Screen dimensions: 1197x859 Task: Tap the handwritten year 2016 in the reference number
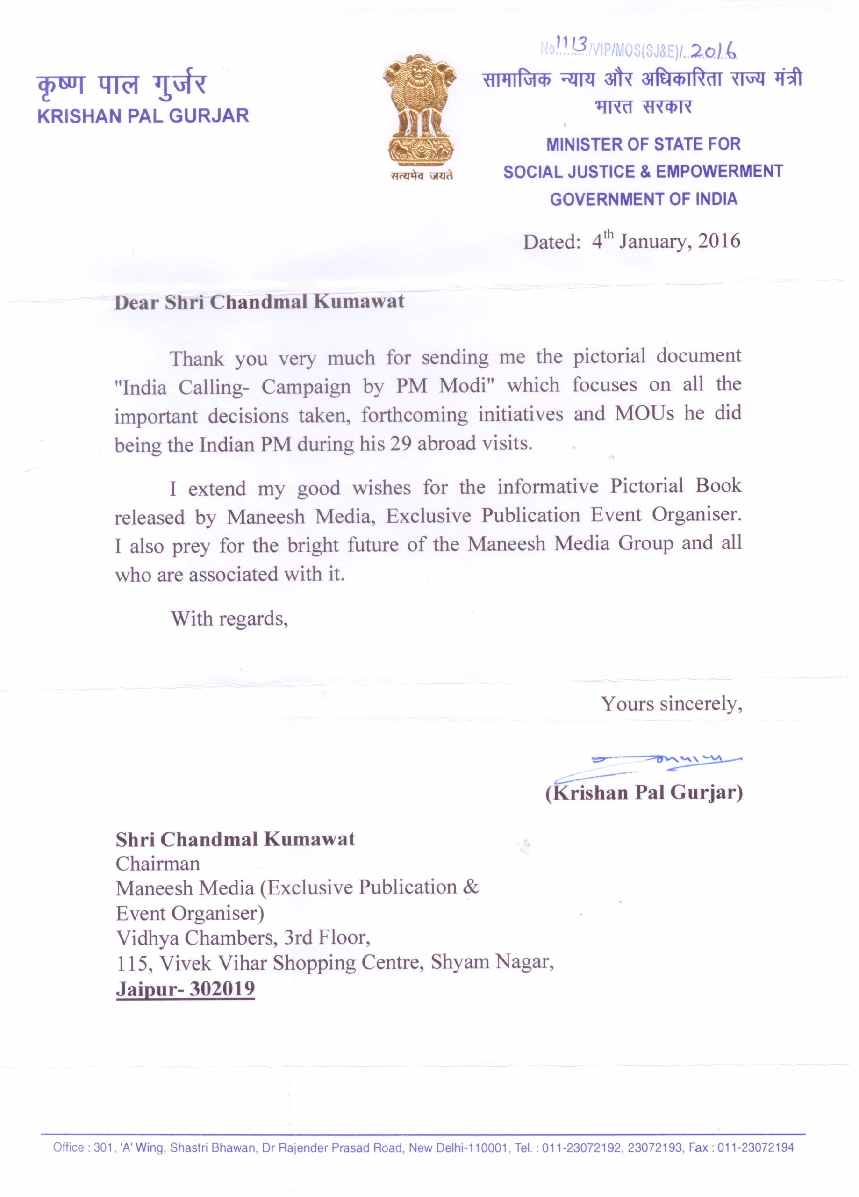click(713, 51)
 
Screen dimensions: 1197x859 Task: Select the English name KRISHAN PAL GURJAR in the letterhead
click(143, 116)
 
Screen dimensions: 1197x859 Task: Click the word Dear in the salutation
click(136, 303)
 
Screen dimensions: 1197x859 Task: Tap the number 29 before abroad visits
click(401, 443)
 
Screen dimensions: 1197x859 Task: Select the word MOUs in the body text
click(645, 413)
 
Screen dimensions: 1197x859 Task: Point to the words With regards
click(229, 618)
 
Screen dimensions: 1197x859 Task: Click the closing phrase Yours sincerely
click(671, 704)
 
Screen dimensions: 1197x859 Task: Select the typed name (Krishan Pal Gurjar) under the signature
click(644, 792)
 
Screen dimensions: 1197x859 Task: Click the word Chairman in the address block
click(158, 864)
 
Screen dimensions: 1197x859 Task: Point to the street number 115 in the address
click(131, 964)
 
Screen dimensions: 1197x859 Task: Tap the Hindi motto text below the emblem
click(422, 176)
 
